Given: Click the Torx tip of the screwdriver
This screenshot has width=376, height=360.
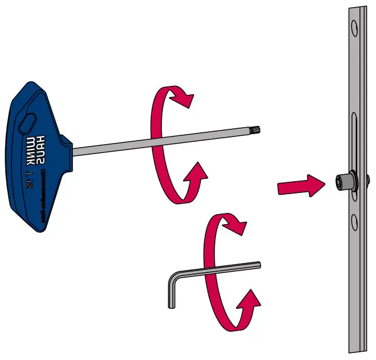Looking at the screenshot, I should (258, 126).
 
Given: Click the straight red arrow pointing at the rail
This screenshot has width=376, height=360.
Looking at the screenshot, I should (301, 186).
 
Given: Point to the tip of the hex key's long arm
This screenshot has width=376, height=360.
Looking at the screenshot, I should (258, 265).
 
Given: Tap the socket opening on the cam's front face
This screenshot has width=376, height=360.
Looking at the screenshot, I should (340, 182).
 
